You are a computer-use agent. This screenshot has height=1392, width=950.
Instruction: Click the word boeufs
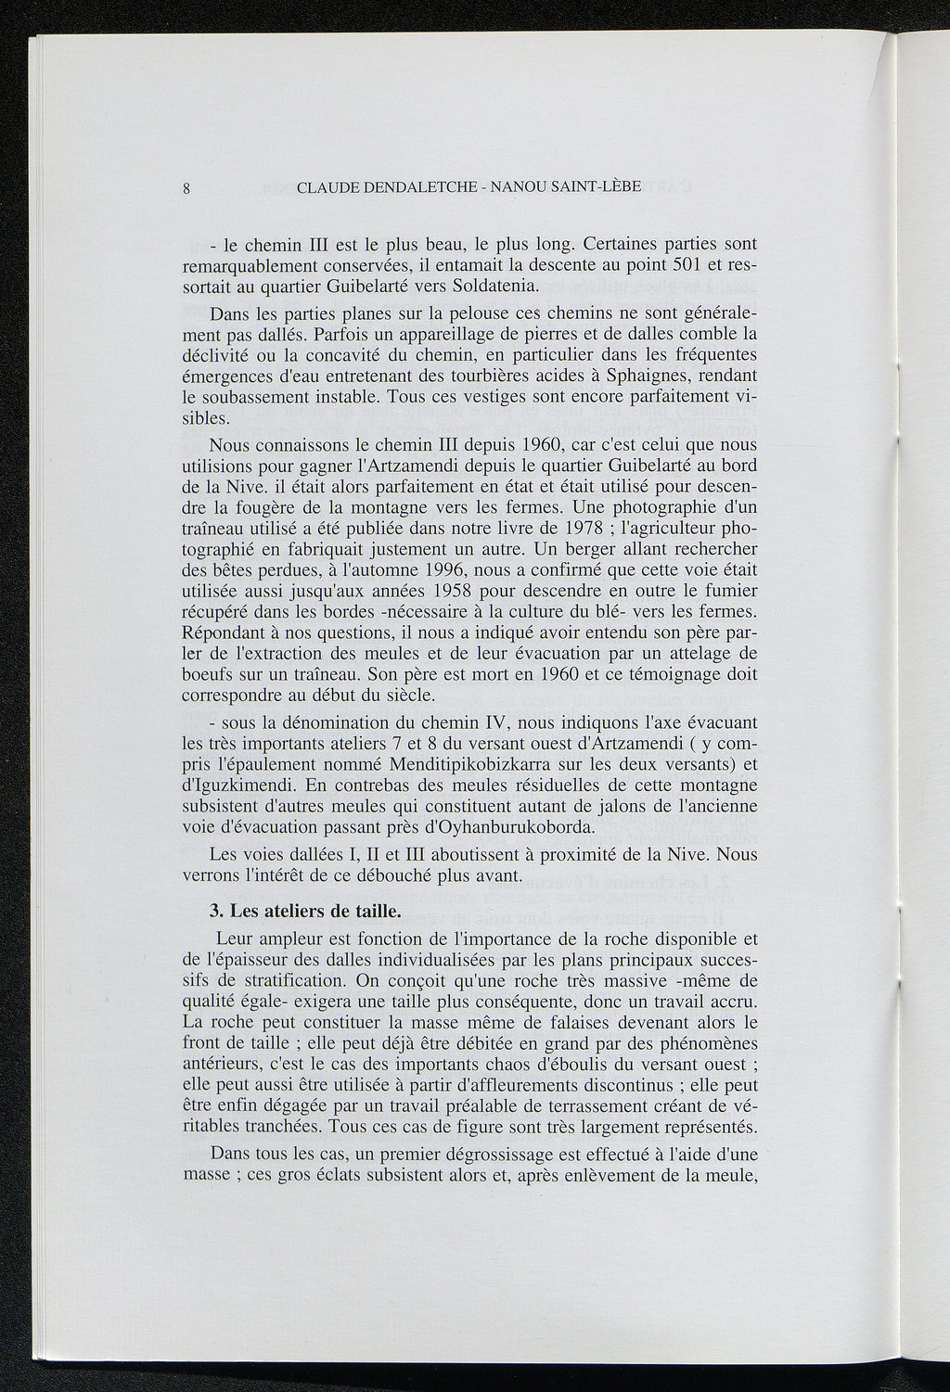208,674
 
